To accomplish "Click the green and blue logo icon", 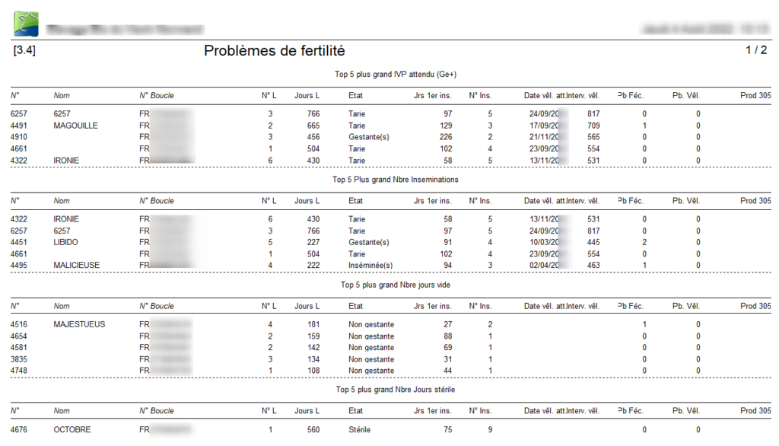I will click(26, 24).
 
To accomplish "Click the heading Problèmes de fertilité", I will click(275, 51).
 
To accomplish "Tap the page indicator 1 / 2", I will click(755, 51).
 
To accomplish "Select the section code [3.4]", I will click(24, 51).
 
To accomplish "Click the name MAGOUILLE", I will click(75, 126).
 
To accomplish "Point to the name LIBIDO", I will click(66, 242).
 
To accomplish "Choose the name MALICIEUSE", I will click(77, 266).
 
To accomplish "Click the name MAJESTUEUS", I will click(79, 324).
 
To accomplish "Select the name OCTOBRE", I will click(72, 430).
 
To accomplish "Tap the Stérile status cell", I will click(360, 430).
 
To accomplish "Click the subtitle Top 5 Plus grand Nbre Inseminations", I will click(396, 180).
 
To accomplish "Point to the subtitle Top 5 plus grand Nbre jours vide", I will click(396, 285).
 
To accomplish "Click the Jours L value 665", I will click(313, 126).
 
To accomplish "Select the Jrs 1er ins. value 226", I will click(446, 137).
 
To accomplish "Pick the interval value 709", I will click(593, 126).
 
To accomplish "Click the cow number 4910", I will click(19, 137).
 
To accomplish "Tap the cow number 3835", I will click(19, 359).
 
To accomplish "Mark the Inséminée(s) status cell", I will click(370, 266).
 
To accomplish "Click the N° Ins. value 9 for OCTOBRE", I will click(491, 430).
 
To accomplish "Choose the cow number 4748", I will click(19, 371).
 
